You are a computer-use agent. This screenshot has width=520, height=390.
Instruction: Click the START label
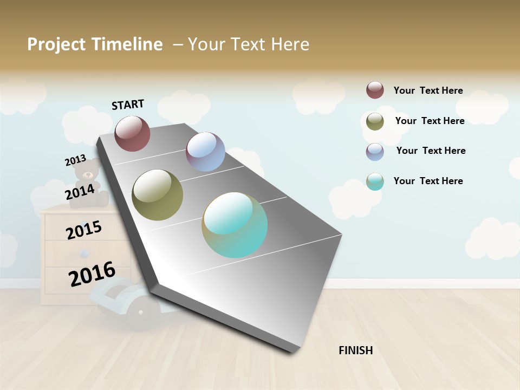click(x=128, y=105)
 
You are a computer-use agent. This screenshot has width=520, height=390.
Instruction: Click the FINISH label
click(x=355, y=350)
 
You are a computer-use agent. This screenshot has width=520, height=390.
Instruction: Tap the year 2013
click(x=75, y=160)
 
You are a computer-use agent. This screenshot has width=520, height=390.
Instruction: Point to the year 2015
click(x=84, y=230)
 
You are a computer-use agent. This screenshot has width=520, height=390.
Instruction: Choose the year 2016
click(x=92, y=274)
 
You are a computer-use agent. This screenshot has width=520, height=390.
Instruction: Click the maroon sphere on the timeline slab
click(x=132, y=133)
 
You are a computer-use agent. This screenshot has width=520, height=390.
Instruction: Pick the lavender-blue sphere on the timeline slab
click(x=205, y=152)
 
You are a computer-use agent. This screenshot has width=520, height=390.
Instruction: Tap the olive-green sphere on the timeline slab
click(x=157, y=195)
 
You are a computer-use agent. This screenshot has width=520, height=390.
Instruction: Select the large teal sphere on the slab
click(x=235, y=225)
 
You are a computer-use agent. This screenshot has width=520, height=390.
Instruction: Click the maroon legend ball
click(x=375, y=90)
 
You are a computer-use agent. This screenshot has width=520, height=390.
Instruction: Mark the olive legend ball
click(x=375, y=121)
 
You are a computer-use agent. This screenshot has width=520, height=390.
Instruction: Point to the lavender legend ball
click(x=375, y=151)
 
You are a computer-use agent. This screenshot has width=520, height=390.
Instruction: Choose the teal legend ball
click(x=375, y=181)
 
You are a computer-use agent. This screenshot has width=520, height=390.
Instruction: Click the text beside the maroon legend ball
click(x=428, y=90)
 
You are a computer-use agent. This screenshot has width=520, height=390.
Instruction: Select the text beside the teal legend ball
click(x=428, y=181)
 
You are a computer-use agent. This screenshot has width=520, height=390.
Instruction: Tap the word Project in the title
click(x=56, y=44)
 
